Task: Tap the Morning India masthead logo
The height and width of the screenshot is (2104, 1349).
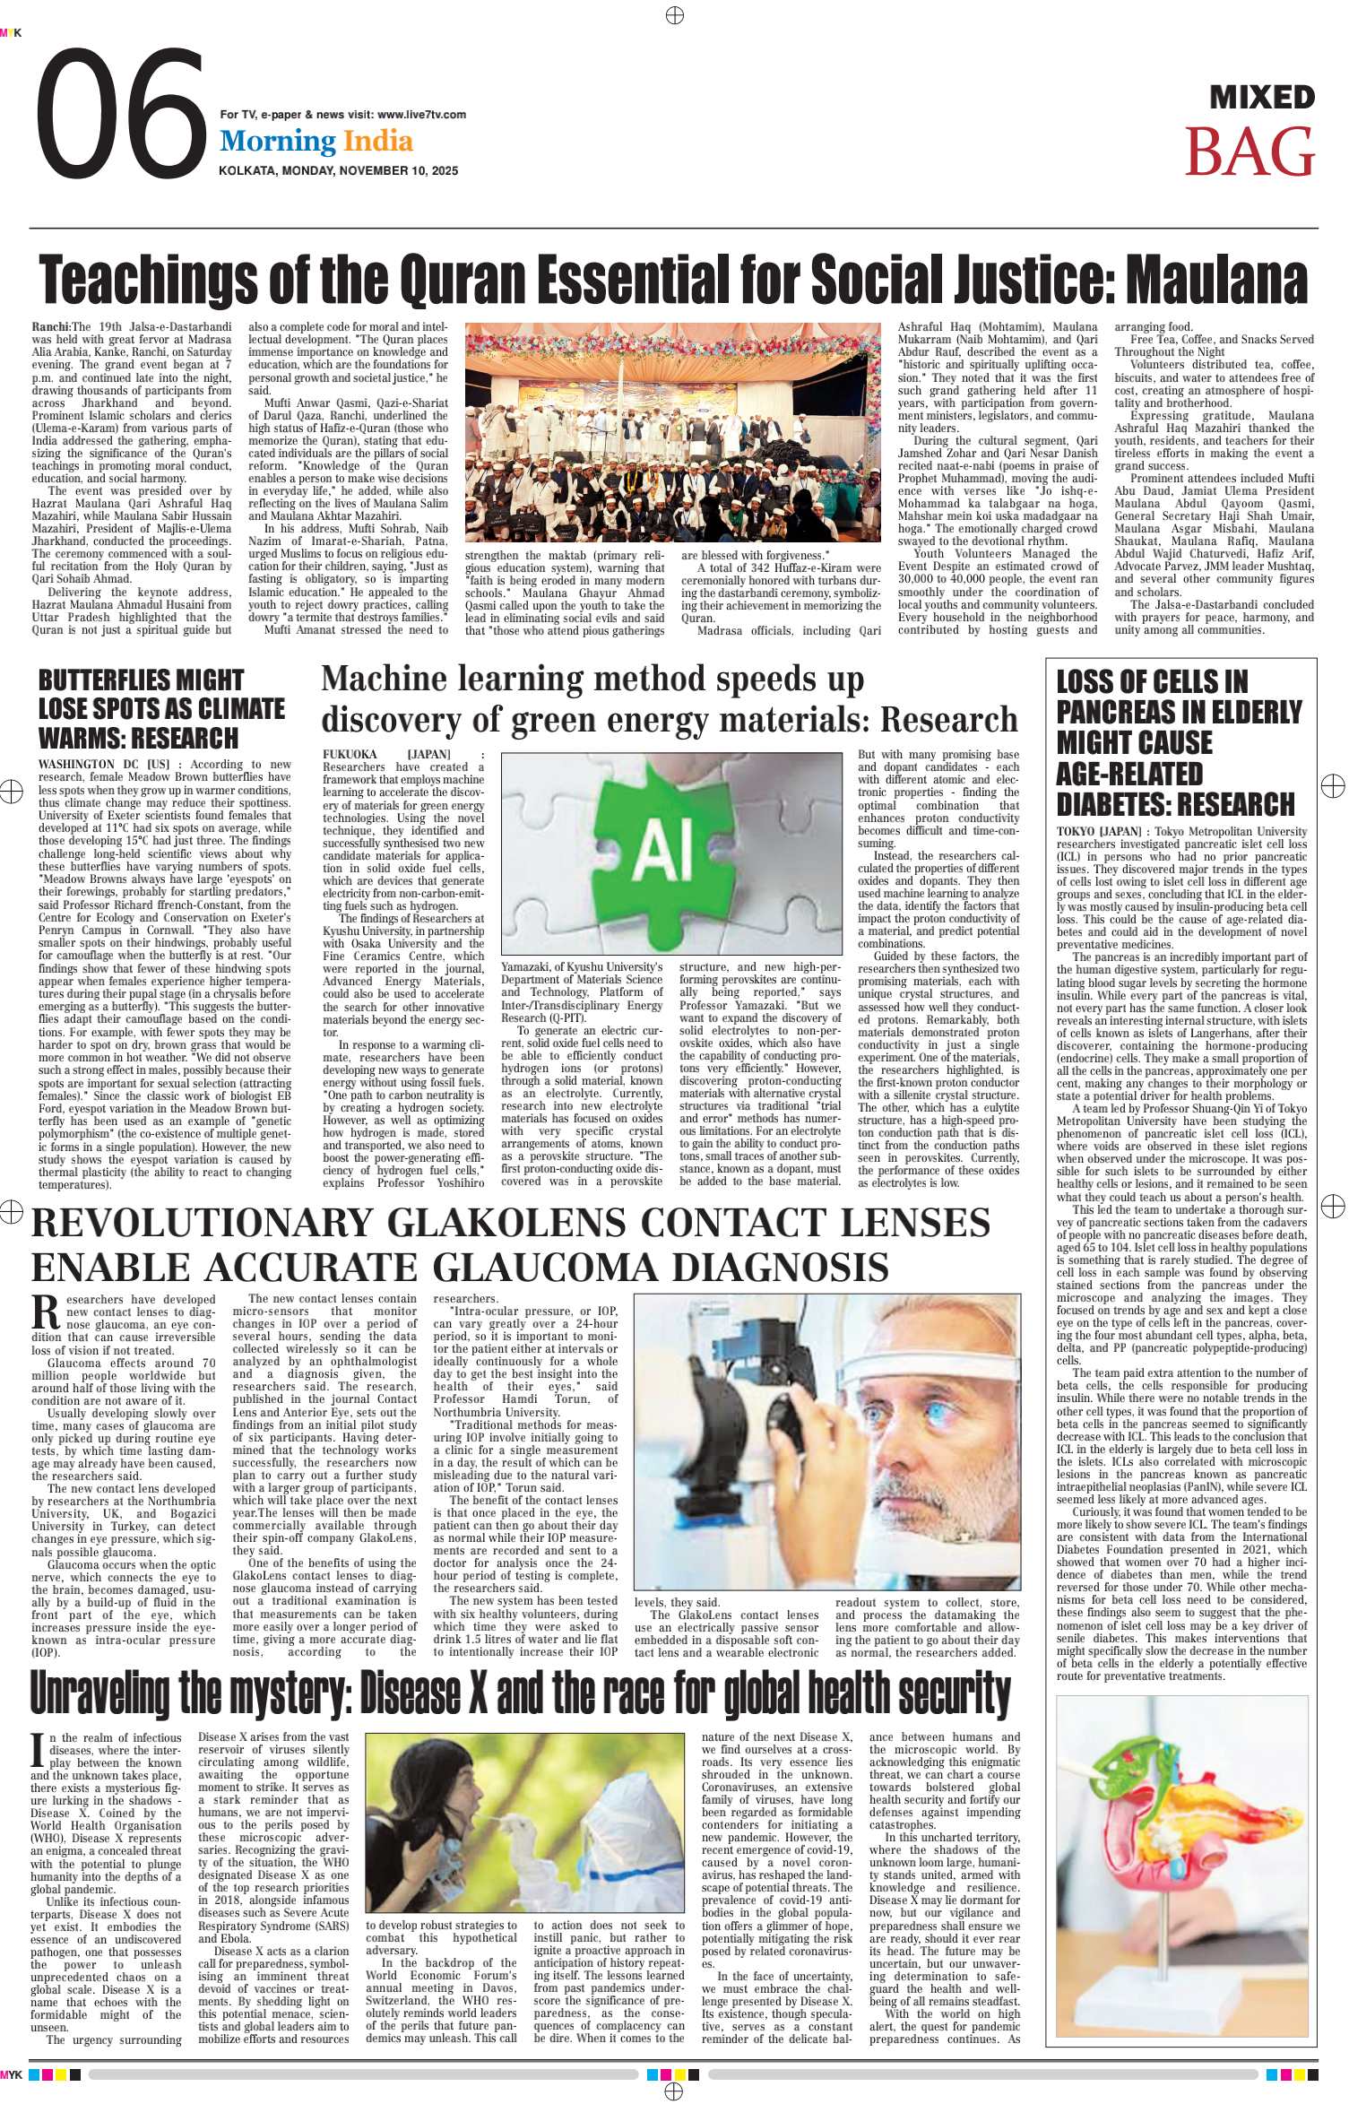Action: [x=316, y=141]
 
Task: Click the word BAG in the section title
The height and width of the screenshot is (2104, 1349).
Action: [x=1250, y=152]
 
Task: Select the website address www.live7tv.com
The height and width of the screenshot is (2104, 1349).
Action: [x=421, y=115]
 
